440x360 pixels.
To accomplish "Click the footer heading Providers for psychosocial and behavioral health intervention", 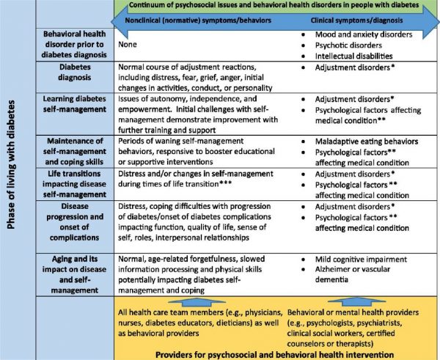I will click(x=276, y=353).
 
